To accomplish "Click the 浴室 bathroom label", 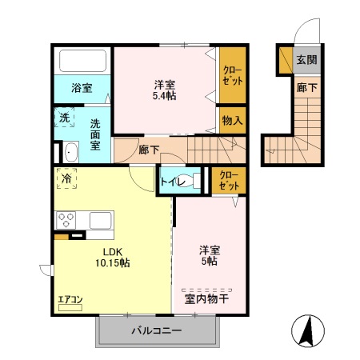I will tap(81, 88).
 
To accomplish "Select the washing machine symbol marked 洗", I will tap(65, 118).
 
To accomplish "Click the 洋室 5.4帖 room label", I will tap(166, 89).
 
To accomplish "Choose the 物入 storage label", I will tap(234, 121).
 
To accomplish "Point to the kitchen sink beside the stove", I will tap(100, 219).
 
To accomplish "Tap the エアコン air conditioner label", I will tap(70, 301).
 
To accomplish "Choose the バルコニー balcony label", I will tap(157, 330).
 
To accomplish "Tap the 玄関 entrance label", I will tap(307, 59).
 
